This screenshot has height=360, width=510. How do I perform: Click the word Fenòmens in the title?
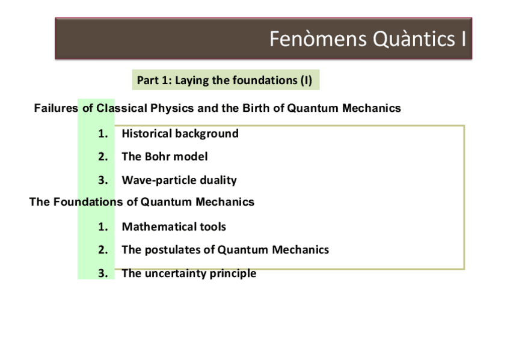[x=318, y=39]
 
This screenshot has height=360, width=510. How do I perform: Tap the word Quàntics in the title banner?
[x=414, y=40]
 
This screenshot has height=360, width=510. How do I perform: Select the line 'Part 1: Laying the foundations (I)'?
[x=224, y=81]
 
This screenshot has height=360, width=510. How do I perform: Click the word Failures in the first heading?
[x=56, y=108]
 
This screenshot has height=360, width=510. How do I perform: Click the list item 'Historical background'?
[x=180, y=133]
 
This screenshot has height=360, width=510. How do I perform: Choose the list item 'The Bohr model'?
[x=165, y=157]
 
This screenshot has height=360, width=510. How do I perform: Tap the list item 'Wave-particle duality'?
[x=179, y=180]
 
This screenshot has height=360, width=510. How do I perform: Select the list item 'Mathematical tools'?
[x=174, y=227]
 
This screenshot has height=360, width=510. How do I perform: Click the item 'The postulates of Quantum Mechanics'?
[x=226, y=250]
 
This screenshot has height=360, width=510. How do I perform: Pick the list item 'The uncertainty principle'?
[x=189, y=273]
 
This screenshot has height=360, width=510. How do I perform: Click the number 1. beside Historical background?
[x=103, y=133]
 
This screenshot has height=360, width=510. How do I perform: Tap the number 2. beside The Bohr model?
[x=103, y=157]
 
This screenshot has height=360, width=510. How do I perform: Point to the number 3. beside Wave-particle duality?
[x=103, y=180]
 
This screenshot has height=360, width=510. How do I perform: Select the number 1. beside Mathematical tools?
[x=103, y=227]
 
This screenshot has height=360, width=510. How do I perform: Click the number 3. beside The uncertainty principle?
[x=103, y=273]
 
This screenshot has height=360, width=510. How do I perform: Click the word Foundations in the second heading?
[x=88, y=202]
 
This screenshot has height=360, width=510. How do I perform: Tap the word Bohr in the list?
[x=158, y=157]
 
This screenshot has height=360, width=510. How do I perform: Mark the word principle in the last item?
[x=233, y=273]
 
